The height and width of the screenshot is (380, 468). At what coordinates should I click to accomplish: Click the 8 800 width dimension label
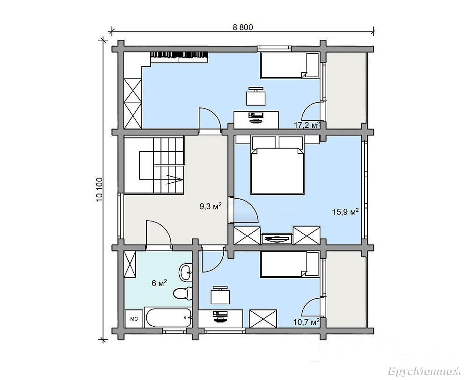point(242,28)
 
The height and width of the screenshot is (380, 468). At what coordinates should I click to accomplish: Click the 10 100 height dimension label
point(99,189)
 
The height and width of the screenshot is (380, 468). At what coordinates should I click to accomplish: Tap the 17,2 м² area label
point(307,125)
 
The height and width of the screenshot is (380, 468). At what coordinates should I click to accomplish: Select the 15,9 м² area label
point(345,212)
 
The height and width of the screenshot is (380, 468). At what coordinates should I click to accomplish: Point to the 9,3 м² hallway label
point(211,206)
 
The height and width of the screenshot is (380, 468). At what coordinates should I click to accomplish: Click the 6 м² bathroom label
point(159,283)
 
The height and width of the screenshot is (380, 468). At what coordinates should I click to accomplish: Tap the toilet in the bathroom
point(183,293)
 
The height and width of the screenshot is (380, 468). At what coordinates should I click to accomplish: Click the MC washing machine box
point(134,319)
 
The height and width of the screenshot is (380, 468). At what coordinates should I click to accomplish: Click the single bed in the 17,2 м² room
point(290,65)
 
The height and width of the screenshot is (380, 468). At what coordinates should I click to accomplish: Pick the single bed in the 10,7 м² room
point(290,265)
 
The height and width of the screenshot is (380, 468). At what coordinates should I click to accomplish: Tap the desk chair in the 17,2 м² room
point(256,96)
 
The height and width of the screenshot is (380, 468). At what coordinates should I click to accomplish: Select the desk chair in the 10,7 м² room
point(220,295)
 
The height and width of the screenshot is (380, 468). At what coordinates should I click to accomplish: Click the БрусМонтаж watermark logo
point(425,372)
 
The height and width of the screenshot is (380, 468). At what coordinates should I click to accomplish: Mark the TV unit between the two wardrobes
point(277,239)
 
